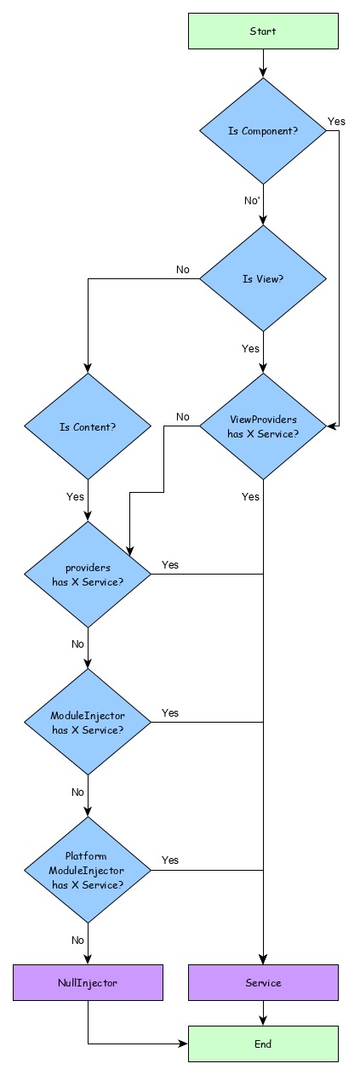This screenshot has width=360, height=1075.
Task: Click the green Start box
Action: [x=263, y=31]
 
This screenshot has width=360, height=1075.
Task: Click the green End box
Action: [x=263, y=1044]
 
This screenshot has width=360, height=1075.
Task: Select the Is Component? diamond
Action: [x=263, y=131]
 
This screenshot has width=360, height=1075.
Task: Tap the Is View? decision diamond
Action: [x=263, y=278]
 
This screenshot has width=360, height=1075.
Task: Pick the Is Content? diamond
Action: [x=88, y=426]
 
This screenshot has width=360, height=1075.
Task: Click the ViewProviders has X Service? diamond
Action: [x=263, y=426]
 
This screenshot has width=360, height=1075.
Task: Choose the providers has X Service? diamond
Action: [x=88, y=575]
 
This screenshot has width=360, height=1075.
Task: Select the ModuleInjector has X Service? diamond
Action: [x=88, y=723]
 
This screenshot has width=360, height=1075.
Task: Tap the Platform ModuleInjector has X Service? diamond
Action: [x=88, y=871]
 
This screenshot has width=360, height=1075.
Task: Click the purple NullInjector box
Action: [x=88, y=982]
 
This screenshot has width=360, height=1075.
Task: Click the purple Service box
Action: [x=263, y=982]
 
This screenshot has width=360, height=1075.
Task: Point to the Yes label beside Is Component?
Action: [x=336, y=122]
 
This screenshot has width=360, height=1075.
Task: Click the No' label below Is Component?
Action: [x=252, y=201]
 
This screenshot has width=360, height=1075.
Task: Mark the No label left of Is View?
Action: [x=183, y=270]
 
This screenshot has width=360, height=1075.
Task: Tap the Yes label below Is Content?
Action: [x=76, y=496]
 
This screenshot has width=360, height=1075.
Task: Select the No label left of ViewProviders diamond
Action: [x=183, y=417]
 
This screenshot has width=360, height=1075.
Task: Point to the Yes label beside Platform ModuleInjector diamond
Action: [x=170, y=861]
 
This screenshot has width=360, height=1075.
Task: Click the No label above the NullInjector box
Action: [x=77, y=941]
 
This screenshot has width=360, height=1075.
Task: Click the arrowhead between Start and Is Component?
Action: [x=263, y=72]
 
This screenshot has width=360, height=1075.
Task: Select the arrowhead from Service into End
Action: [x=263, y=1021]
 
